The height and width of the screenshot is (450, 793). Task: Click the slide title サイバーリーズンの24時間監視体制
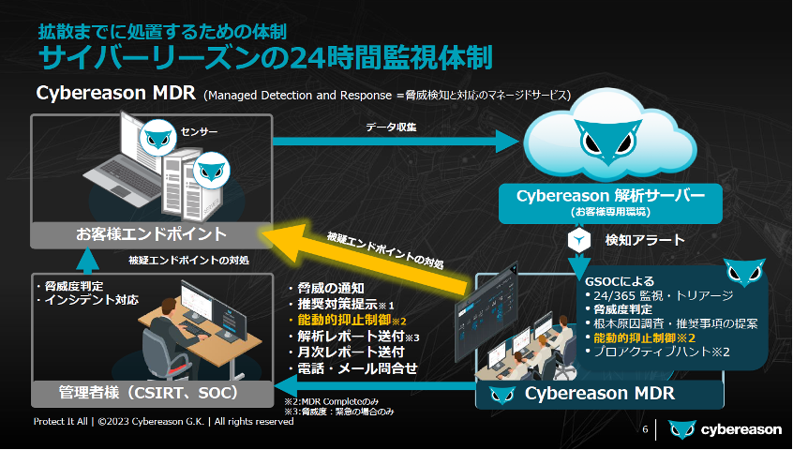[264, 56]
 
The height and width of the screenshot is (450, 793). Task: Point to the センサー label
[200, 132]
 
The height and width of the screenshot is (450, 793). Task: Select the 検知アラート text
[645, 241]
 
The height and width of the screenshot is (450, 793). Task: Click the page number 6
[645, 429]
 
